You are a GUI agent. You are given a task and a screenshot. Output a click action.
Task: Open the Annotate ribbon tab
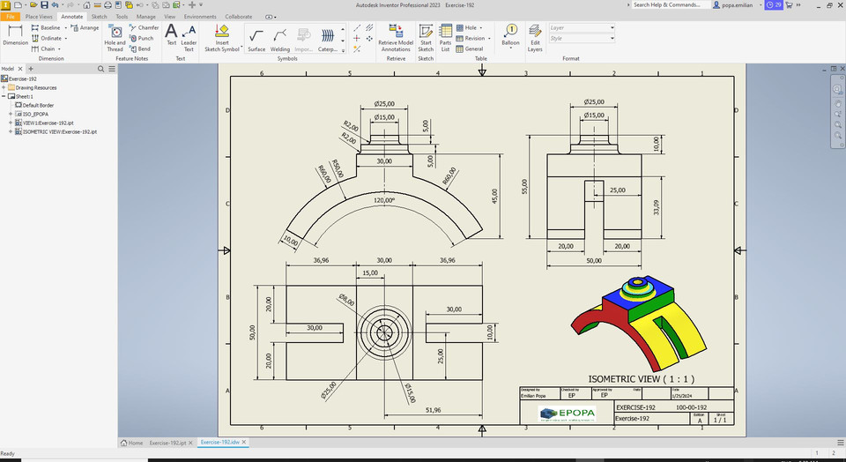tap(71, 16)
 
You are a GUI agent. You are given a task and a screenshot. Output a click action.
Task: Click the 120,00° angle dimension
tap(384, 201)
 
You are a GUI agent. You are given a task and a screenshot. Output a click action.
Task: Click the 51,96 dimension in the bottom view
tap(433, 410)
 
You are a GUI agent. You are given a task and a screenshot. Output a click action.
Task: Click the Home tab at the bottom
tap(132, 443)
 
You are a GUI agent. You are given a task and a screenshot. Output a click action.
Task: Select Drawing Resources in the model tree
tap(33, 87)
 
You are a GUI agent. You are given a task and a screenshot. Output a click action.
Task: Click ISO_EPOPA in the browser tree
tap(35, 114)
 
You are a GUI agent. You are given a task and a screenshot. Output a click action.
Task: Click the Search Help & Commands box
tap(670, 4)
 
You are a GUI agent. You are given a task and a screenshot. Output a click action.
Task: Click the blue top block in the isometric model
tap(648, 301)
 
